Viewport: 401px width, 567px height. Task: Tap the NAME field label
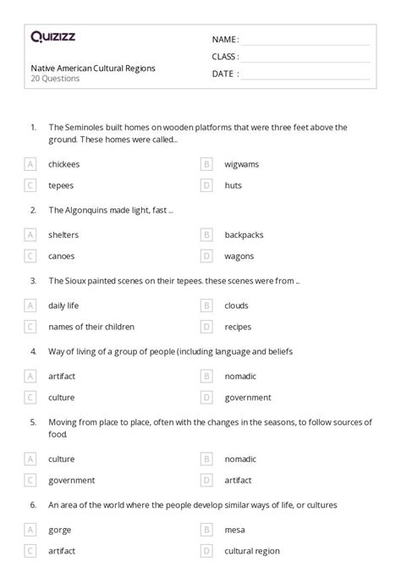[x=225, y=40]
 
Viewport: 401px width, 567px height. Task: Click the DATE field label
[x=224, y=74]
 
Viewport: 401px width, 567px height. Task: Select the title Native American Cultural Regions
[x=93, y=68]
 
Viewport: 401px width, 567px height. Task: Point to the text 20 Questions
[x=55, y=79]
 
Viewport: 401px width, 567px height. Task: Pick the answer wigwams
[x=242, y=164]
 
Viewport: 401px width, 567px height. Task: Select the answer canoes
[x=61, y=255]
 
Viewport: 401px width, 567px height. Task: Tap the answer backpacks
[x=244, y=234]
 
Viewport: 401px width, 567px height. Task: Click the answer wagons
[x=239, y=255]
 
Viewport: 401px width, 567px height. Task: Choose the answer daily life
[x=64, y=306]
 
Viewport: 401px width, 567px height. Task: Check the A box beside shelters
[x=30, y=234]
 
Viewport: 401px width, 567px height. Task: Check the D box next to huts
[x=206, y=184]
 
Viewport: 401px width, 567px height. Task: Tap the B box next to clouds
[x=206, y=306]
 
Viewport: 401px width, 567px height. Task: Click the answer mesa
[x=235, y=530]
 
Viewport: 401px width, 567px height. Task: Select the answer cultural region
[x=251, y=550]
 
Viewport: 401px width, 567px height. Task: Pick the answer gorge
[x=60, y=530]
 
